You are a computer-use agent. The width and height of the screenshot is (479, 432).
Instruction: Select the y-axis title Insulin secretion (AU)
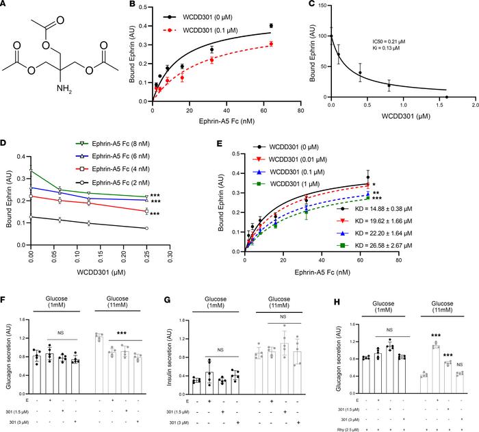click(168, 362)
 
